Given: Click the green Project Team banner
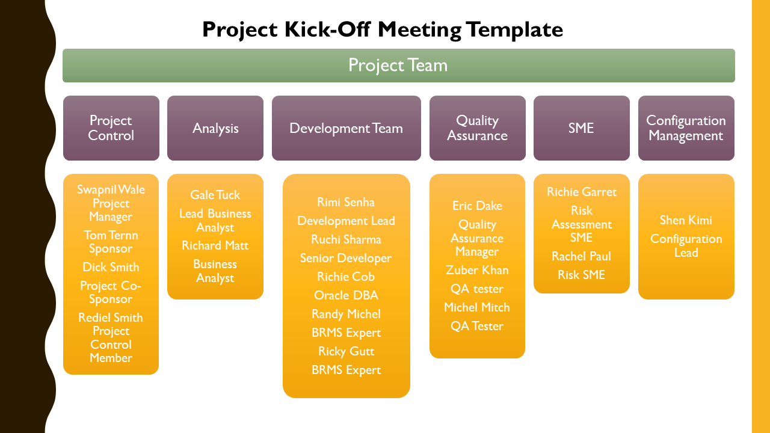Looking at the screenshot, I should pyautogui.click(x=398, y=66).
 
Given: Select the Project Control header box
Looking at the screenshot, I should pyautogui.click(x=111, y=128).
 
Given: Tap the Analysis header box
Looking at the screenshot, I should pyautogui.click(x=215, y=128).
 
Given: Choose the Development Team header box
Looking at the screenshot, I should pyautogui.click(x=346, y=128).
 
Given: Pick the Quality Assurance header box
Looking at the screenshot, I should pyautogui.click(x=477, y=128).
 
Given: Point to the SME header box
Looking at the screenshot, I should pyautogui.click(x=581, y=128).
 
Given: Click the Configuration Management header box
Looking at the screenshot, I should pyautogui.click(x=686, y=128).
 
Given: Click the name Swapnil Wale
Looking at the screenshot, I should pyautogui.click(x=111, y=190).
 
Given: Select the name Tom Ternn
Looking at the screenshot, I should pyautogui.click(x=111, y=235).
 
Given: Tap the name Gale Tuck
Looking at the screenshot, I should pyautogui.click(x=215, y=195).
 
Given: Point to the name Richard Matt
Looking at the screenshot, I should pyautogui.click(x=215, y=245).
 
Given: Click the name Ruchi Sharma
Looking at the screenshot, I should pyautogui.click(x=346, y=239).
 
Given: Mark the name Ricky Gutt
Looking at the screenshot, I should pyautogui.click(x=346, y=351).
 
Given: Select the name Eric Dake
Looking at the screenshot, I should pyautogui.click(x=477, y=206).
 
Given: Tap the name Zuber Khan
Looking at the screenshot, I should pyautogui.click(x=477, y=270).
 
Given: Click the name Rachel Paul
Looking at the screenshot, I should pyautogui.click(x=581, y=256).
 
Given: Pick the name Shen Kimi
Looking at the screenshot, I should pyautogui.click(x=686, y=220).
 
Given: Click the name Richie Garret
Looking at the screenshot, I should pyautogui.click(x=581, y=192).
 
